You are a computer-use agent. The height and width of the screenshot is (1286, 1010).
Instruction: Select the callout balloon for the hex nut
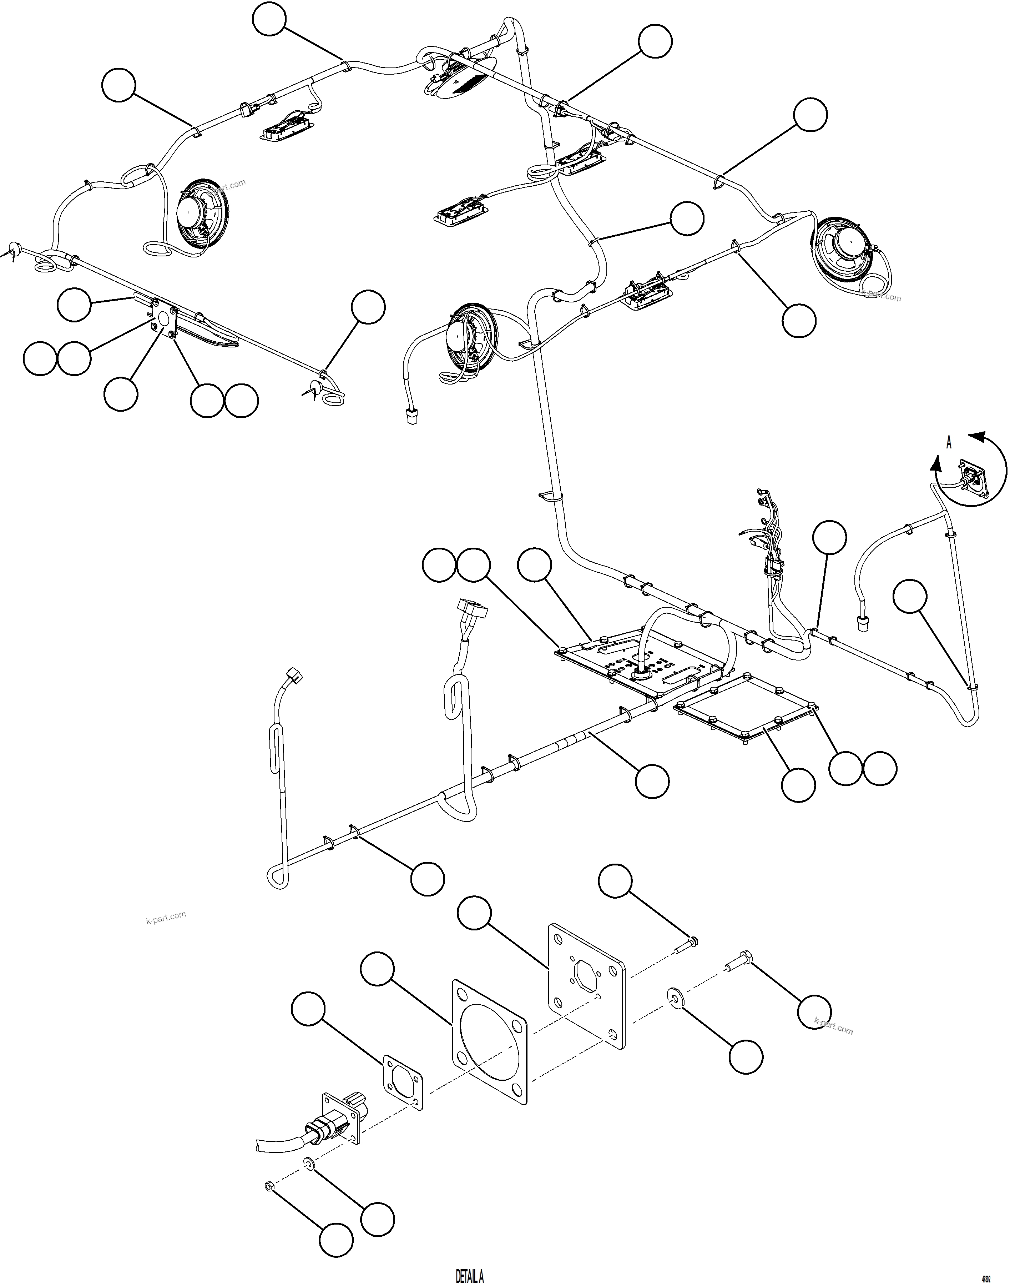pyautogui.click(x=337, y=1239)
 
